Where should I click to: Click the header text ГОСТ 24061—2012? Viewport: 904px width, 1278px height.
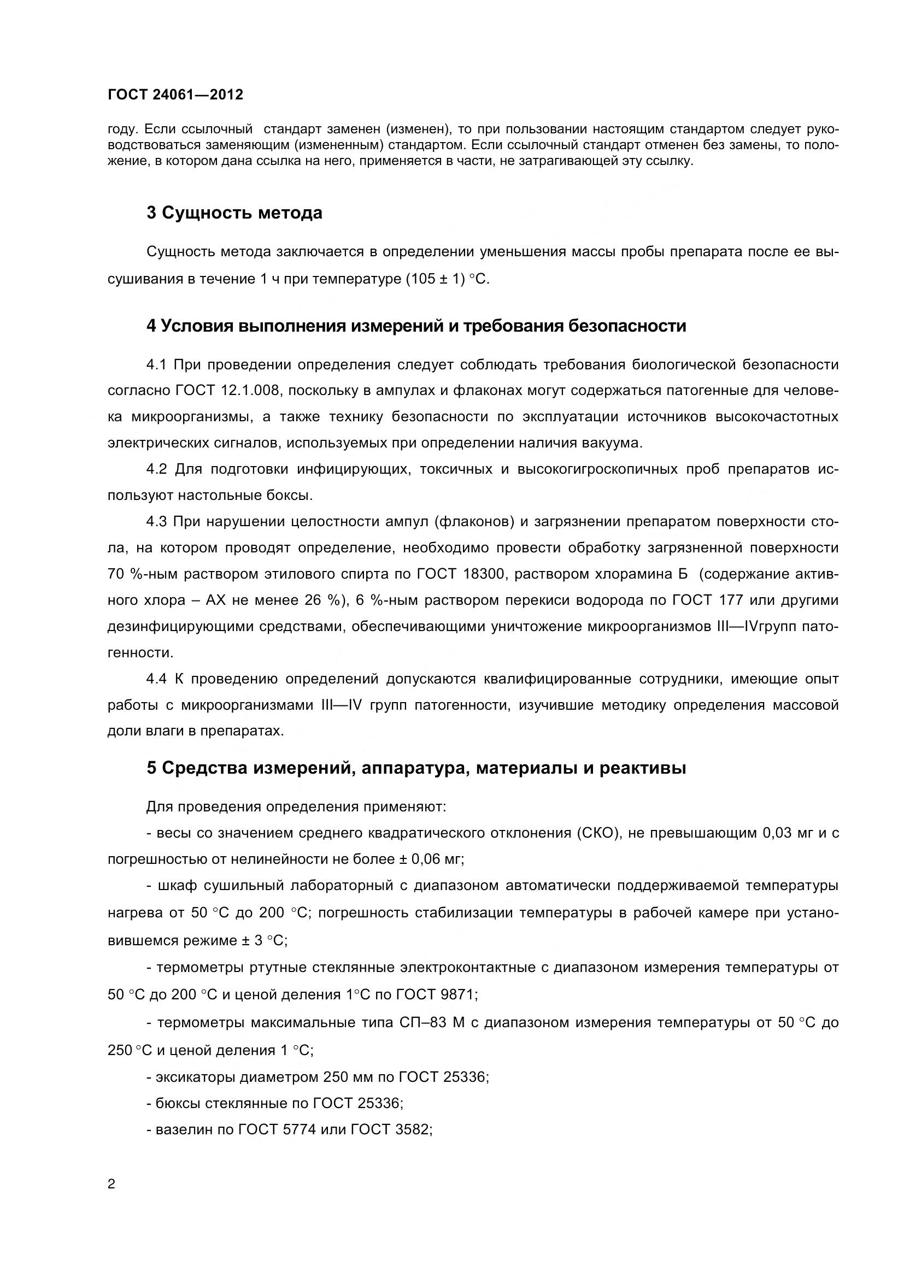175,95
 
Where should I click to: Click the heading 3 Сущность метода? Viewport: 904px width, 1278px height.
234,213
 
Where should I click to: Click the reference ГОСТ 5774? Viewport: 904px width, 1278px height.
277,1129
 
